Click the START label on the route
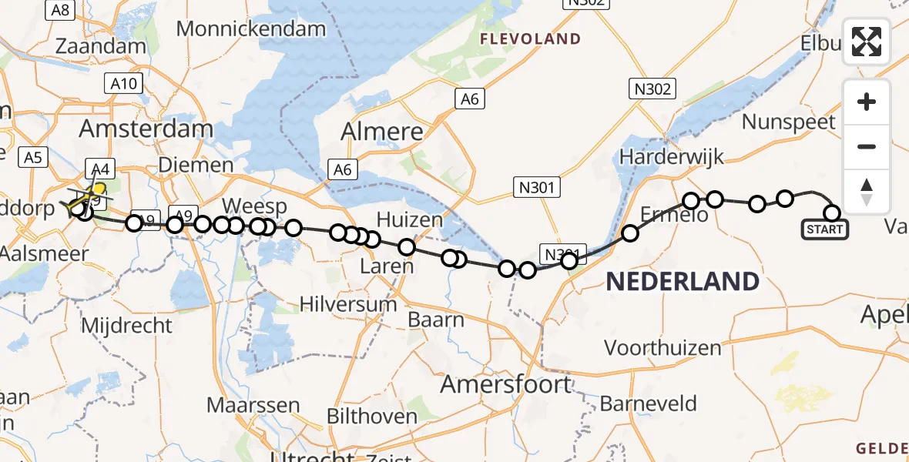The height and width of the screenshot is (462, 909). point(824,229)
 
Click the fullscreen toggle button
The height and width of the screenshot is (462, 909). point(867,42)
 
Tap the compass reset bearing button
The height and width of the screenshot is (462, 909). point(867,192)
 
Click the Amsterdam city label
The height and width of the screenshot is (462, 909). point(146,128)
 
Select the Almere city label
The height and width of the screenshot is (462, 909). point(383,131)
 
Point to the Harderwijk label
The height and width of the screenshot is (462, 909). point(672,156)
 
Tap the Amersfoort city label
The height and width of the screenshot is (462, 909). point(505,383)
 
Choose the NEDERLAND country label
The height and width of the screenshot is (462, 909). point(683,282)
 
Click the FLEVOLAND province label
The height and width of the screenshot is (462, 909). point(530,38)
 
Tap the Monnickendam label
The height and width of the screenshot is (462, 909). point(251,29)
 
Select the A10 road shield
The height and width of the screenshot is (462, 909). point(123,84)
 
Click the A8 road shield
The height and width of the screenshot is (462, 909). point(61,10)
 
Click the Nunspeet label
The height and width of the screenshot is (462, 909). point(788,122)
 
